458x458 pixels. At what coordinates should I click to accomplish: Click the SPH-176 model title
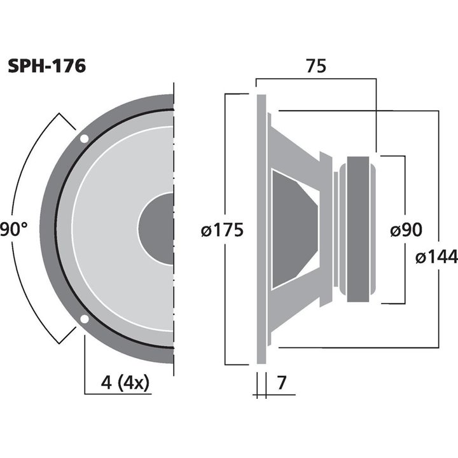[x=46, y=67]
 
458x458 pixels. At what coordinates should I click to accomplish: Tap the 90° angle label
[x=13, y=230]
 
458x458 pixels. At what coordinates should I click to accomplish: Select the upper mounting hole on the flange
[x=84, y=138]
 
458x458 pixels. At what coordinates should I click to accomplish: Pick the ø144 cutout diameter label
[x=436, y=258]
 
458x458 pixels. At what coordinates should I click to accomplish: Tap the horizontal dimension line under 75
[x=316, y=79]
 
